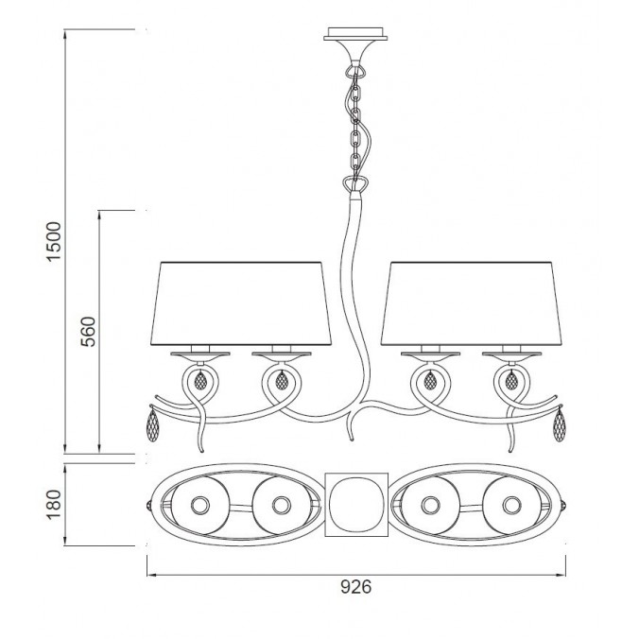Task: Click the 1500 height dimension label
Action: click(54, 241)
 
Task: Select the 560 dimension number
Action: click(88, 332)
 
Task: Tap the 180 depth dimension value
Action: click(54, 505)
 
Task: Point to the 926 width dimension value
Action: click(356, 587)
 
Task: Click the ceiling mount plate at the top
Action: click(355, 34)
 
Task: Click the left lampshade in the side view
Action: click(241, 303)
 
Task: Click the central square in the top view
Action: click(356, 505)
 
